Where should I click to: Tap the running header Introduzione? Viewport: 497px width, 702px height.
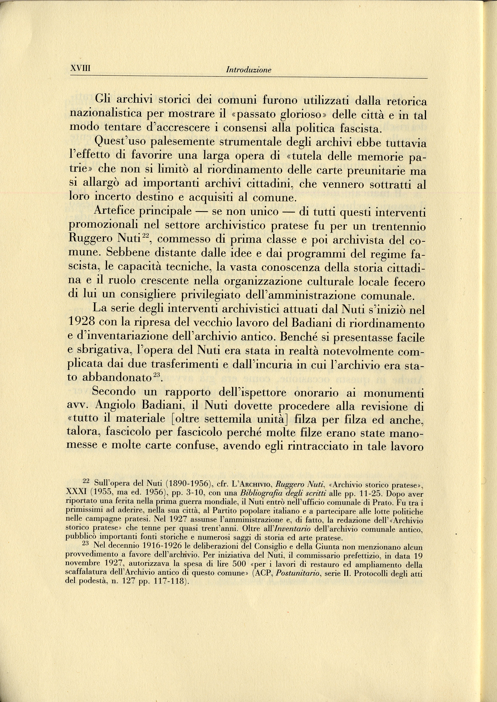(x=248, y=70)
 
